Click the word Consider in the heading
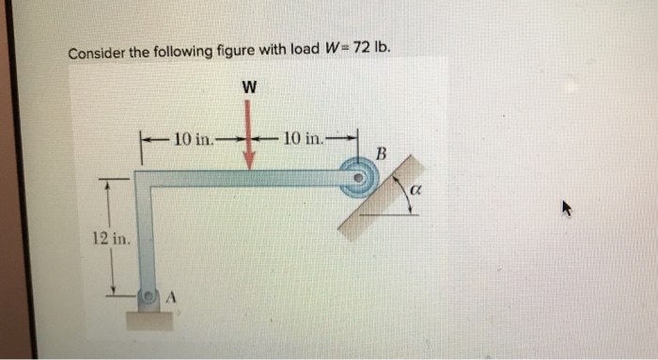point(97,53)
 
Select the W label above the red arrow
point(248,86)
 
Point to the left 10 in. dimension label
point(194,139)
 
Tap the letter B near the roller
point(381,152)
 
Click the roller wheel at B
point(358,179)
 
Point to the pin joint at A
point(149,296)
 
